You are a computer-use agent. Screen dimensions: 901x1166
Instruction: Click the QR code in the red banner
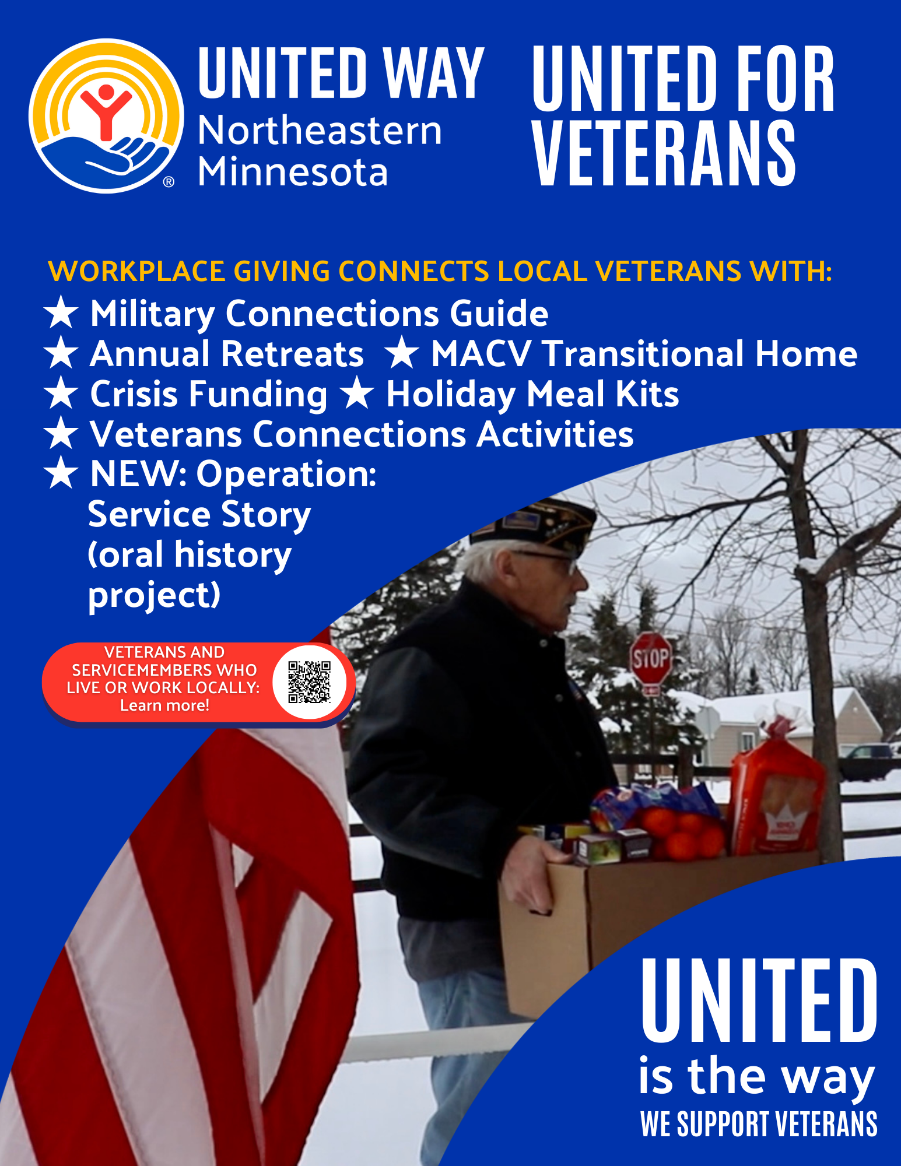[x=310, y=682]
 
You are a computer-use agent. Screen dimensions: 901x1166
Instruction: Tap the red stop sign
[x=650, y=658]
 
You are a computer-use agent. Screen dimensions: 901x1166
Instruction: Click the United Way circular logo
[x=106, y=115]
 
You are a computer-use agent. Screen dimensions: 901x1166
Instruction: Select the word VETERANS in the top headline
[x=664, y=153]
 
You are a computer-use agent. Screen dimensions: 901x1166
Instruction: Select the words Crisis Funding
[x=209, y=395]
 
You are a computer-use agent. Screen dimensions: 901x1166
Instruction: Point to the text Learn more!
[x=164, y=705]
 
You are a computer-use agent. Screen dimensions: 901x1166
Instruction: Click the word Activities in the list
[x=555, y=434]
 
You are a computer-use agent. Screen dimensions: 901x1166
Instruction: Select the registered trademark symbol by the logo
[x=168, y=182]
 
